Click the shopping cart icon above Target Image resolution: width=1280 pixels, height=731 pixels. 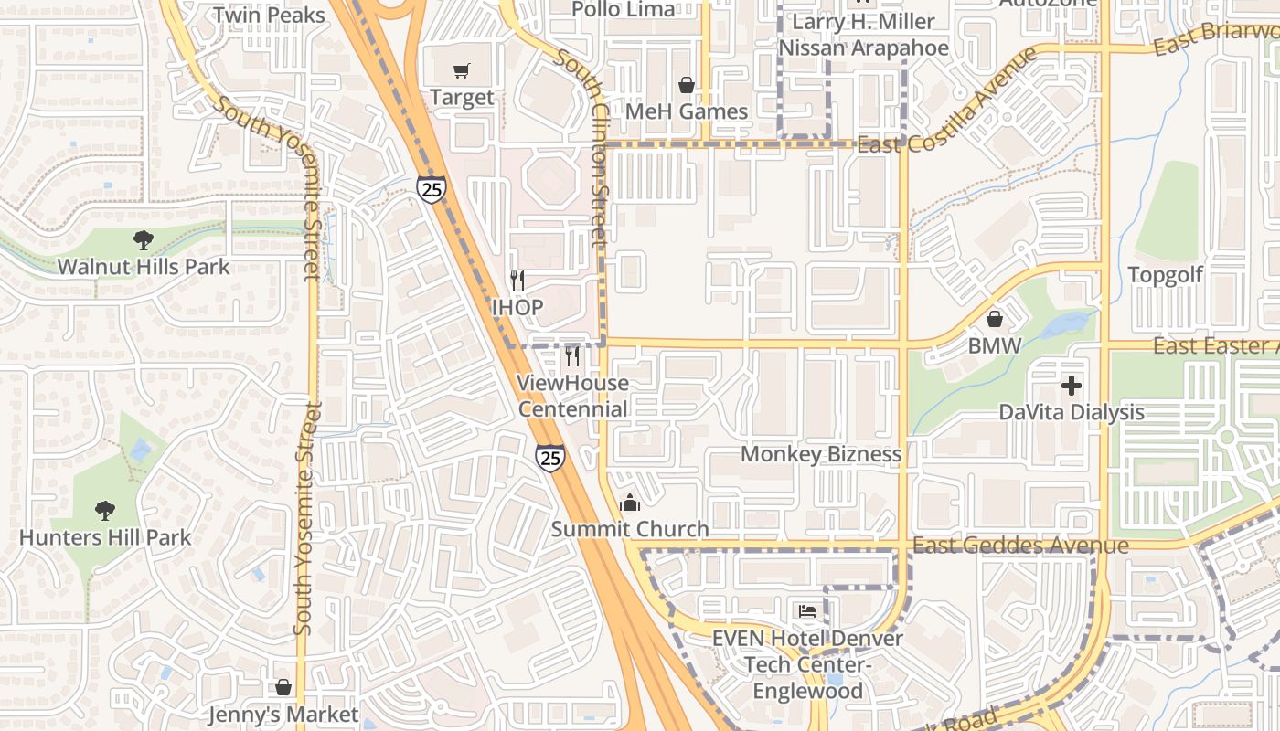(x=462, y=71)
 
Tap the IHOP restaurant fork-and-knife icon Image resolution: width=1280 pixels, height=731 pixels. (x=517, y=281)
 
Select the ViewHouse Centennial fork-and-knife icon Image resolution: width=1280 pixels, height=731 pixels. (x=572, y=355)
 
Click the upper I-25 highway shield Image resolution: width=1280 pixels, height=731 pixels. (x=431, y=188)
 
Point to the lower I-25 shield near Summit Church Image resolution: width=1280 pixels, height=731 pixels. (x=549, y=458)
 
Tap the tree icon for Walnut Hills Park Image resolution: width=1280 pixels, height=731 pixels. (x=143, y=240)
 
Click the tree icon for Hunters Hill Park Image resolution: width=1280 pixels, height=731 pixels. (x=105, y=510)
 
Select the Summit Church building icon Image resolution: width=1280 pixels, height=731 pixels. (x=629, y=503)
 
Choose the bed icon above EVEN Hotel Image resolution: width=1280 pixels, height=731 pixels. (x=806, y=610)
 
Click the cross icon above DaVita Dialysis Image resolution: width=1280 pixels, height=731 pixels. (x=1071, y=385)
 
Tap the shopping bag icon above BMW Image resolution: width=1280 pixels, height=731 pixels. (x=995, y=319)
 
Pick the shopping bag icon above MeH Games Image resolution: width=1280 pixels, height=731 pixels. (x=687, y=85)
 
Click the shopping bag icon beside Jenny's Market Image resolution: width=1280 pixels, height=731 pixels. (x=283, y=686)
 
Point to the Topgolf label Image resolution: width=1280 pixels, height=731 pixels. (x=1165, y=275)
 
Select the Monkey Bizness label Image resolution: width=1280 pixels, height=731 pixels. (x=820, y=454)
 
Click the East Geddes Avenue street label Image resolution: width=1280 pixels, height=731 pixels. (x=1020, y=546)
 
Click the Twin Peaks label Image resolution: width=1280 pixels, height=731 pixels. (x=269, y=16)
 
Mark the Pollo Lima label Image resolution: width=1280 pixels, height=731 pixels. (x=624, y=9)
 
